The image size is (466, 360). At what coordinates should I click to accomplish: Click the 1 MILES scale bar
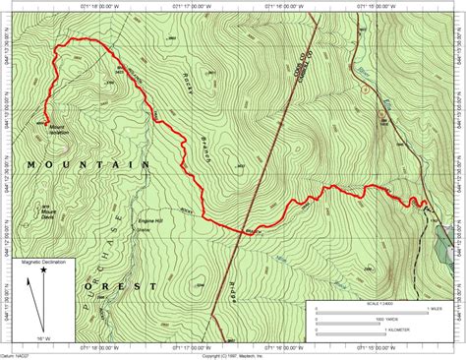[374, 310]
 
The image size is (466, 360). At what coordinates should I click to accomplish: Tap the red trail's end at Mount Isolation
[45, 121]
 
